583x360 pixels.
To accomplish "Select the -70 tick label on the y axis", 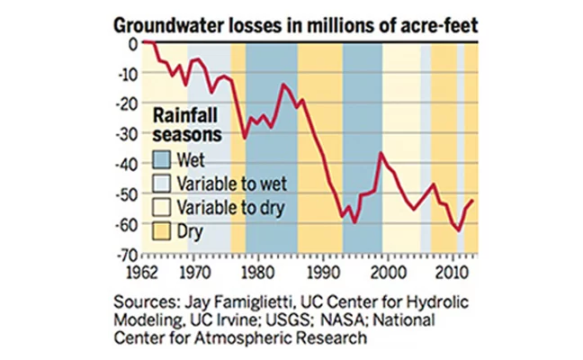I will pos(127,256).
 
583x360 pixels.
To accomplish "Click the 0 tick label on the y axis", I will pos(132,42).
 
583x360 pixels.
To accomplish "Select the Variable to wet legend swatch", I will pos(162,184).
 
